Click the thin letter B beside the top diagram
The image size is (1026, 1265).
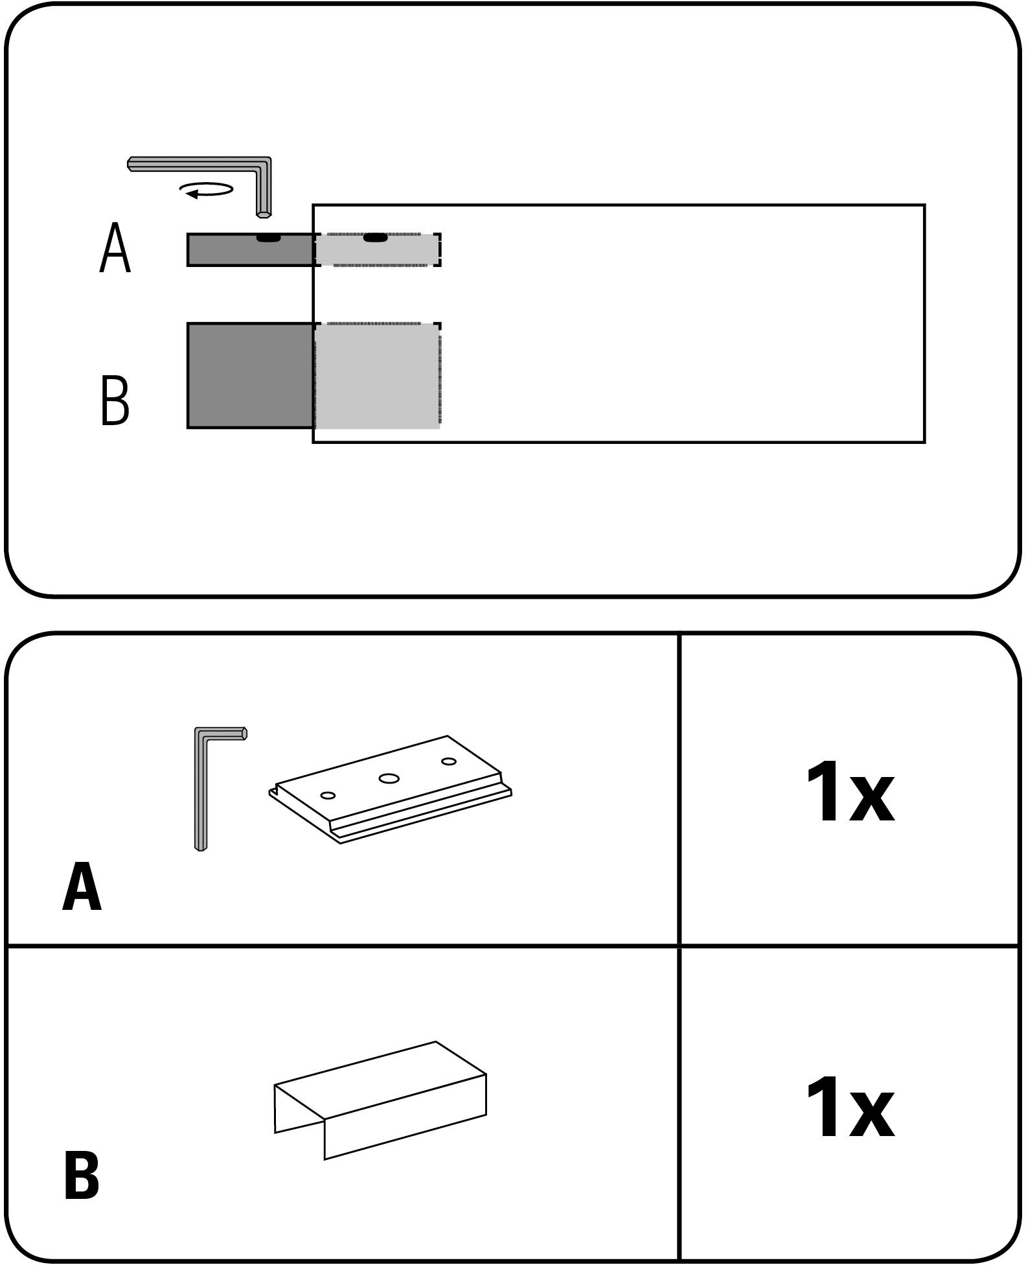pyautogui.click(x=115, y=400)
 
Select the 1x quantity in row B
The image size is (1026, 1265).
pyautogui.click(x=850, y=1108)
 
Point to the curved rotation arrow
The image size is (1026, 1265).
pyautogui.click(x=207, y=190)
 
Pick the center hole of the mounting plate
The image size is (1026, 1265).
pyautogui.click(x=389, y=778)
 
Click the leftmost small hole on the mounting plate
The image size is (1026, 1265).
pyautogui.click(x=328, y=795)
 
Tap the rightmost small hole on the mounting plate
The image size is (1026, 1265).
pyautogui.click(x=449, y=761)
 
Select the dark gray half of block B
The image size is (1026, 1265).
pyautogui.click(x=250, y=375)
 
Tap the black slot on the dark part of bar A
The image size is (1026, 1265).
pyautogui.click(x=268, y=238)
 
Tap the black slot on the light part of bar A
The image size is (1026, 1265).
pyautogui.click(x=375, y=238)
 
